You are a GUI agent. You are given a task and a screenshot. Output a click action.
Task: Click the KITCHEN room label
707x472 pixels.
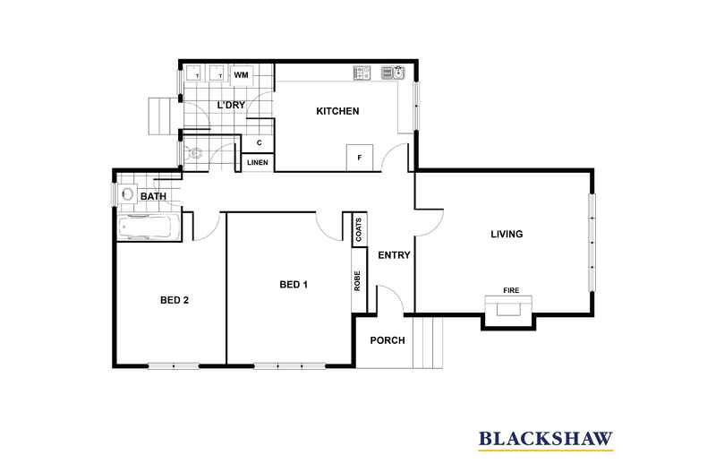click(337, 111)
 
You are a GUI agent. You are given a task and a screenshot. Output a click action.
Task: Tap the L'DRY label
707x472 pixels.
click(231, 106)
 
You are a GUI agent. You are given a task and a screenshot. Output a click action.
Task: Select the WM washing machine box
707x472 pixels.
click(241, 75)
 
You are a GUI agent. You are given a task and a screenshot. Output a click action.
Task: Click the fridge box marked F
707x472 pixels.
click(360, 158)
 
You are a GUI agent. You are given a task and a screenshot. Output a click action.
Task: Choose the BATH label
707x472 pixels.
click(153, 196)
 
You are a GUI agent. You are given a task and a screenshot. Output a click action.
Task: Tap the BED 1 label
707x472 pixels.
click(294, 285)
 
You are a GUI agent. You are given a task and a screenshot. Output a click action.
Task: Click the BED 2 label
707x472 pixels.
click(174, 300)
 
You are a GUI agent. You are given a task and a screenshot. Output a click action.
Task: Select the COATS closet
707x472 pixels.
click(357, 229)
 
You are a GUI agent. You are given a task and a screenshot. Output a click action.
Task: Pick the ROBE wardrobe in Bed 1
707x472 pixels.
click(357, 281)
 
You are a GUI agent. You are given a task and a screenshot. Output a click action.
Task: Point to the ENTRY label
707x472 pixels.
click(394, 255)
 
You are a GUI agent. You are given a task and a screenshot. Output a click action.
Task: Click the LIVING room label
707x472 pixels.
click(506, 235)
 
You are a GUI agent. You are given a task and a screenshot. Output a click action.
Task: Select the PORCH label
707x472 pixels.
click(388, 340)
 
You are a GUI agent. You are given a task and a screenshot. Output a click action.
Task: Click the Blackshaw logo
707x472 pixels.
click(546, 438)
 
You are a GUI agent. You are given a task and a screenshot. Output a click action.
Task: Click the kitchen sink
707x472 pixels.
click(392, 73)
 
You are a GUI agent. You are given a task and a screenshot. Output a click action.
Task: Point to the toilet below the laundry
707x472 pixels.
click(195, 154)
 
